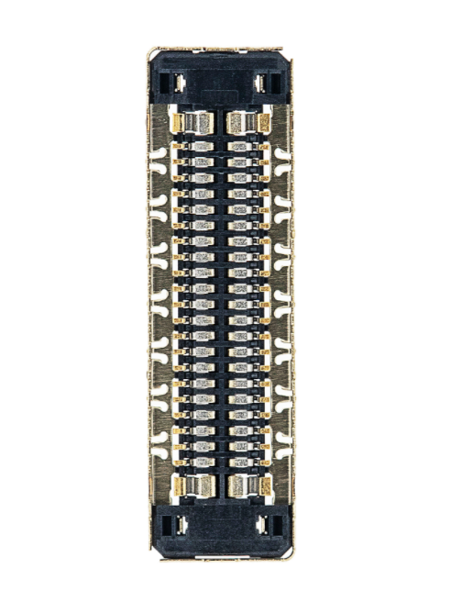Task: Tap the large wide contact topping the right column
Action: click(x=244, y=122)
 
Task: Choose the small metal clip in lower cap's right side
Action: click(x=263, y=525)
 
